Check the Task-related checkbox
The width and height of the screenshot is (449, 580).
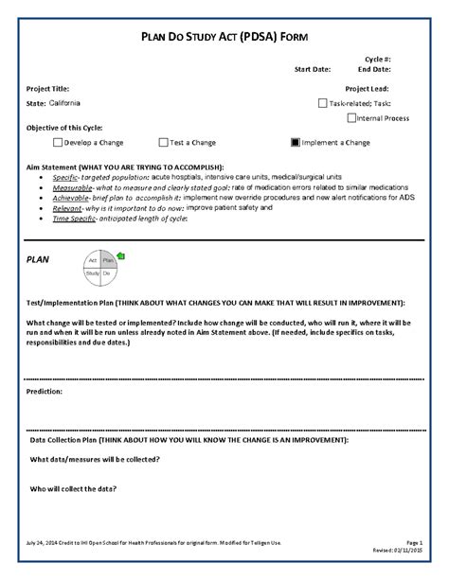click(x=323, y=103)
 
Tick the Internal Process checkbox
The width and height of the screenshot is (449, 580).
click(x=352, y=118)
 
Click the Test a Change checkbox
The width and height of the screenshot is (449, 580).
click(x=164, y=143)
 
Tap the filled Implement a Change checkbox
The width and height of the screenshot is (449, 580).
click(x=296, y=143)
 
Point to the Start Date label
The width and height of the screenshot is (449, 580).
click(x=313, y=69)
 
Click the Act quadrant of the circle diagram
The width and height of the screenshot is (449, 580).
click(x=93, y=258)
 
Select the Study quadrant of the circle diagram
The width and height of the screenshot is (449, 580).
click(x=93, y=272)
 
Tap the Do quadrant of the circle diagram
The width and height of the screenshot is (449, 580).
click(x=107, y=272)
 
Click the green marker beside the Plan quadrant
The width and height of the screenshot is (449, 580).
click(x=119, y=256)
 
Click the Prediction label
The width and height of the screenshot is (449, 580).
click(x=45, y=390)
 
